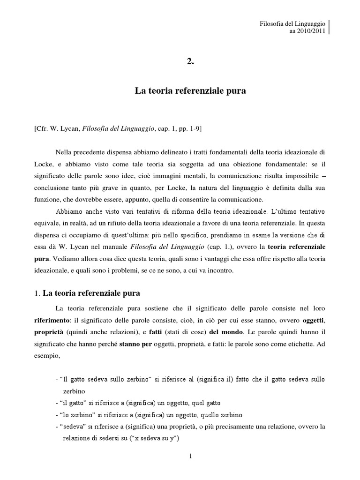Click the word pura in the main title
click(236, 92)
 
